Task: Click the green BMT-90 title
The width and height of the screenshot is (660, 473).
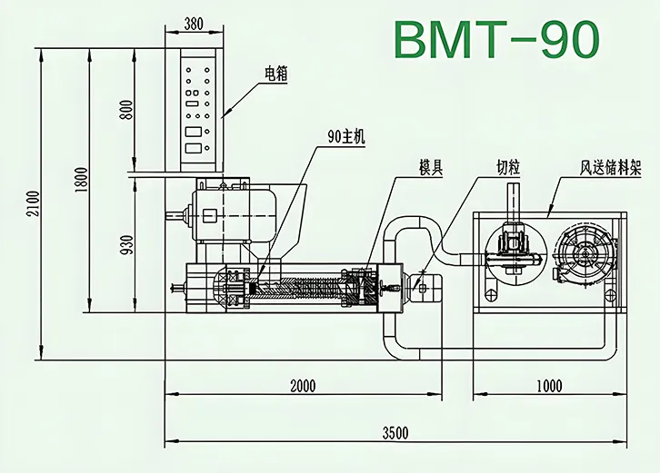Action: point(497,39)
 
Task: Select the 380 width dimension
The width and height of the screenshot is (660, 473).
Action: point(193,25)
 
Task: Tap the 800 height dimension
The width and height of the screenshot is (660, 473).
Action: point(126,109)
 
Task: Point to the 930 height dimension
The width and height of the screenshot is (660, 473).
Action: point(126,242)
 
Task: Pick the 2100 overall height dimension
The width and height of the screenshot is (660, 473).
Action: point(33,202)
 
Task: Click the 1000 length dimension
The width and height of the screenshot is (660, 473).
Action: point(549,386)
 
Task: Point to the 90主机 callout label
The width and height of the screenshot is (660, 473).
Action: point(345,137)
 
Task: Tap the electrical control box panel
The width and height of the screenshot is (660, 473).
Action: point(200,111)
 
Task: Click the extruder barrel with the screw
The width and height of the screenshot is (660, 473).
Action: point(300,288)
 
